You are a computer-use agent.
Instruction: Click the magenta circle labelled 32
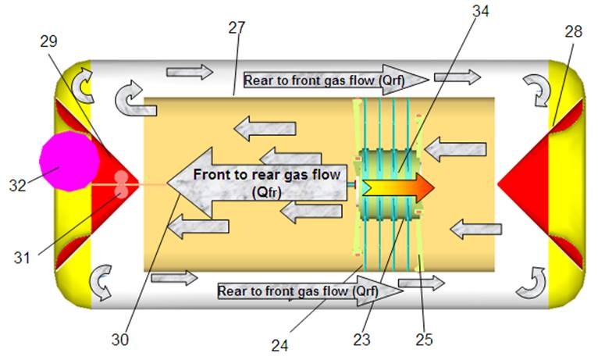click(x=69, y=161)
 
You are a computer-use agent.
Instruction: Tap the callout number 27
click(x=237, y=28)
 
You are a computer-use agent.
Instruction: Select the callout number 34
click(x=481, y=11)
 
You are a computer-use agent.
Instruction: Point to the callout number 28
click(x=573, y=32)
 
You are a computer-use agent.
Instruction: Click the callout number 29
click(x=49, y=41)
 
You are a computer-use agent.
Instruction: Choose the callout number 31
click(x=22, y=258)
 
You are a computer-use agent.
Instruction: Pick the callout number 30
click(x=120, y=339)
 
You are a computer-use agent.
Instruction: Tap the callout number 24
click(x=280, y=345)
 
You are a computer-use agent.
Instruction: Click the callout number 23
click(x=361, y=339)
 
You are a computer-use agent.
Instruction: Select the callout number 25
click(x=424, y=339)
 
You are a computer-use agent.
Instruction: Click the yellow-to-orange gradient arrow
click(x=398, y=188)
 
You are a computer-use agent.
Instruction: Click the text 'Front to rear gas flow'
click(x=266, y=175)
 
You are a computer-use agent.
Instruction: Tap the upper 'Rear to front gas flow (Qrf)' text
click(x=324, y=80)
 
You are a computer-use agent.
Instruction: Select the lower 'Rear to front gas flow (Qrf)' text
click(x=298, y=291)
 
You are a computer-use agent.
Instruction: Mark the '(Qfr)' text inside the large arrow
click(x=266, y=192)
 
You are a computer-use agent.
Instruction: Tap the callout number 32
click(x=18, y=186)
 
